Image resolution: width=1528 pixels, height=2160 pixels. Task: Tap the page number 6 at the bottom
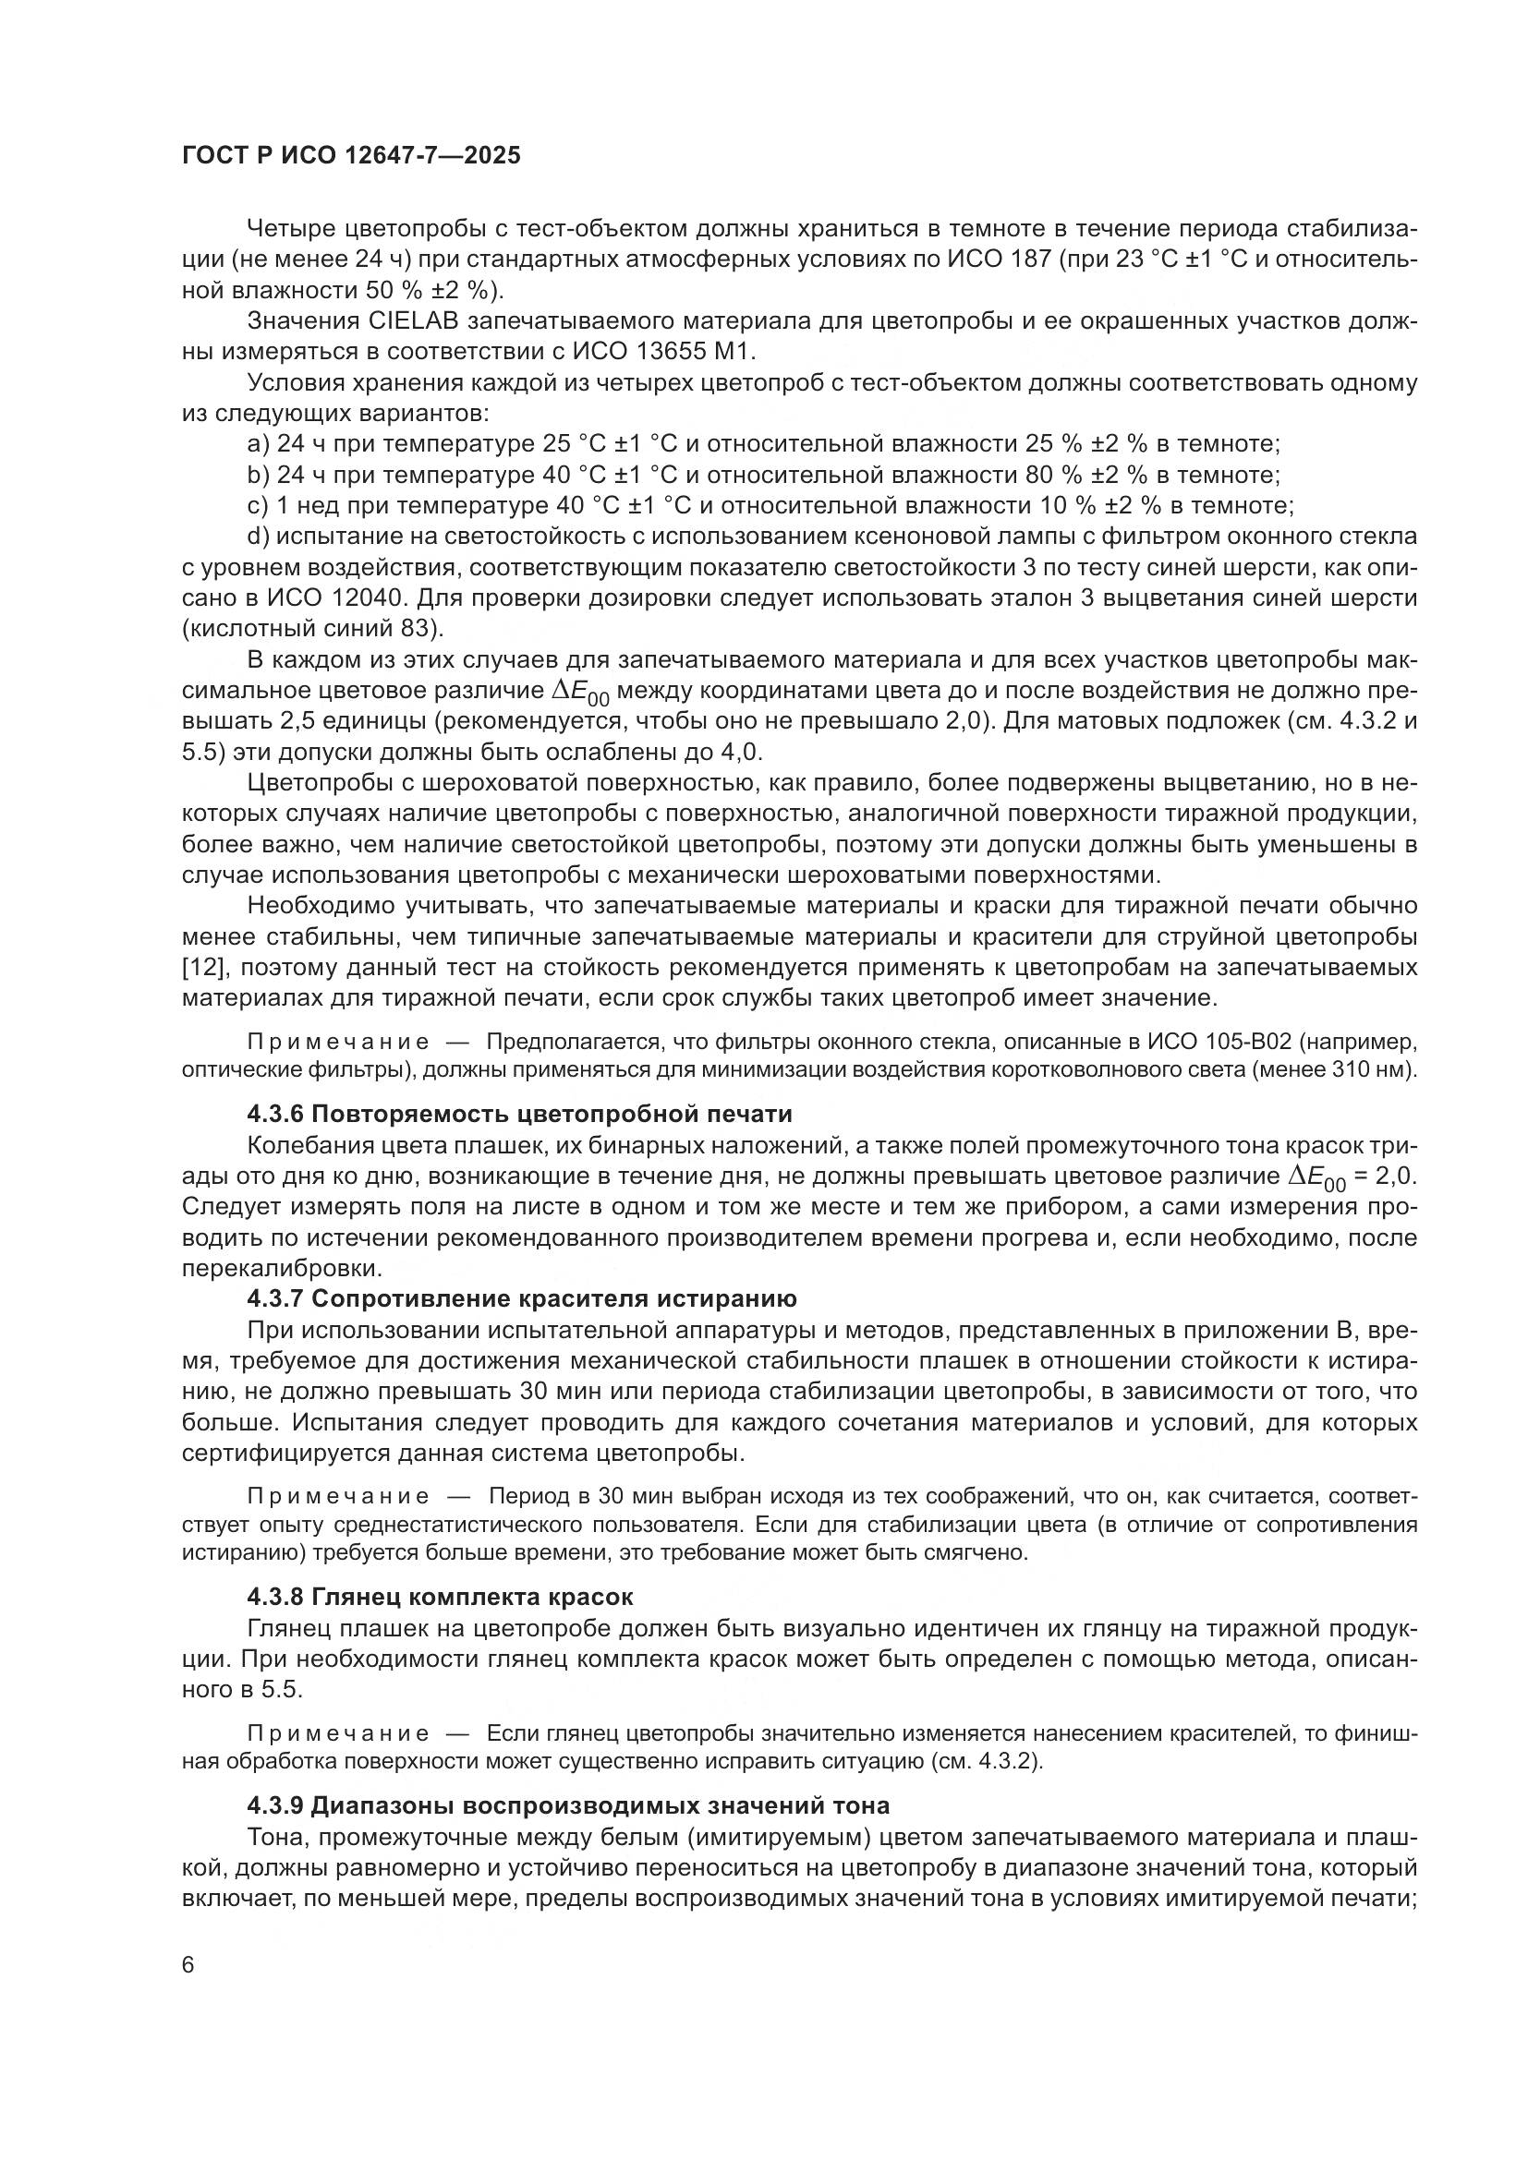188,1966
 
